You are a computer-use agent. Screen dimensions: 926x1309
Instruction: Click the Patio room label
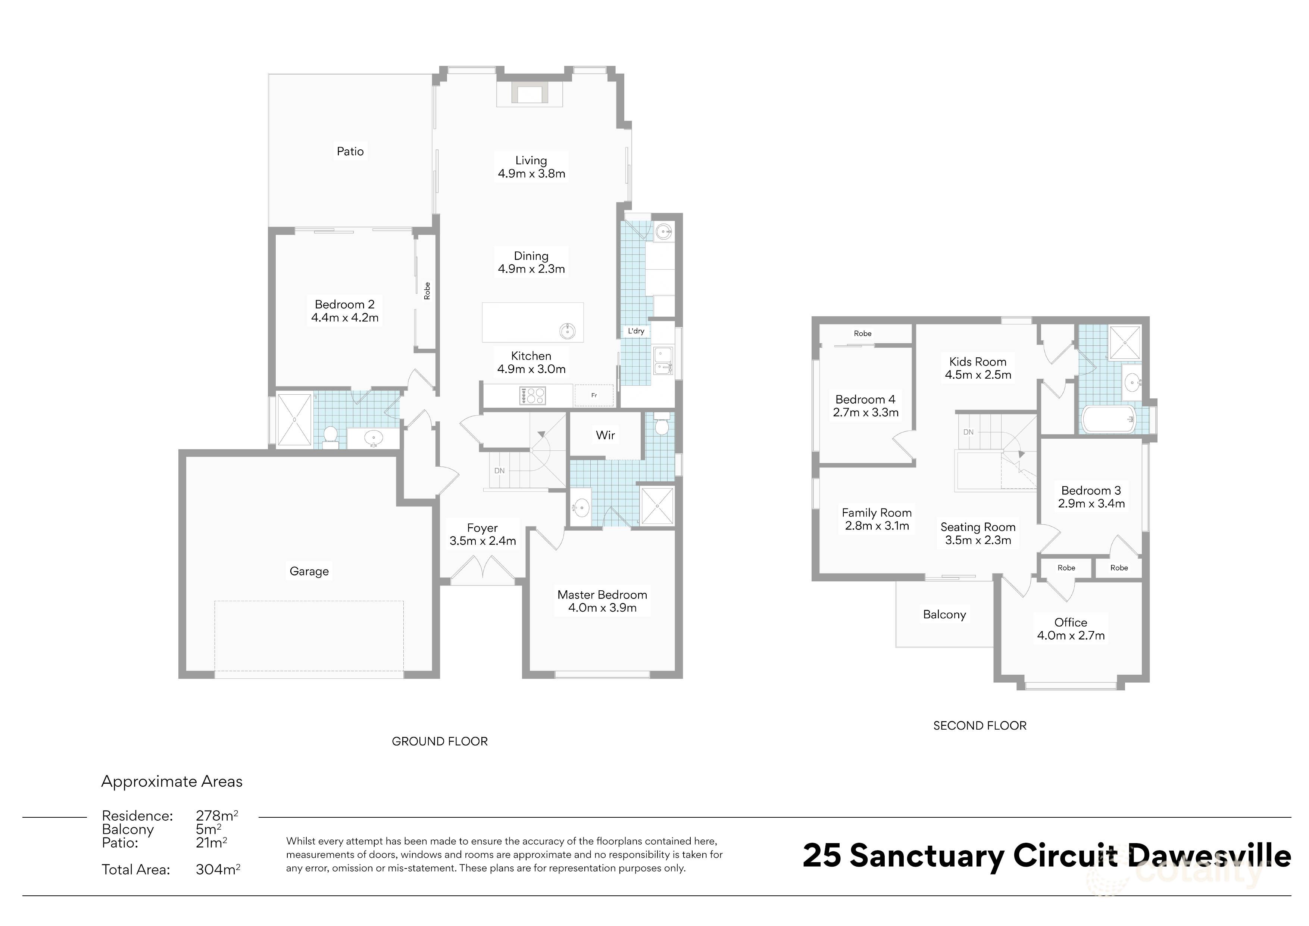[x=350, y=151]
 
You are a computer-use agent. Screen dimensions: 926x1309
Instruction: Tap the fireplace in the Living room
[x=529, y=93]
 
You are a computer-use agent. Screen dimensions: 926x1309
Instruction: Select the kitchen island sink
[x=567, y=330]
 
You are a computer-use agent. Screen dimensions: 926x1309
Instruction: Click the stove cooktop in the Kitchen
[x=532, y=395]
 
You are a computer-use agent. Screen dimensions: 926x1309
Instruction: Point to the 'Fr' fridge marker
[x=594, y=395]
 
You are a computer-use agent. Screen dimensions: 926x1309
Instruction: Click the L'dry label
[x=636, y=331]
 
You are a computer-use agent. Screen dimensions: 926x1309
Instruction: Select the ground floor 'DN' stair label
[x=499, y=471]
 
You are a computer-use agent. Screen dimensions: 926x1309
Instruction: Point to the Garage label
[x=309, y=571]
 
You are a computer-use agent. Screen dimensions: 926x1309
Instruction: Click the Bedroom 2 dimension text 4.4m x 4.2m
[x=345, y=318]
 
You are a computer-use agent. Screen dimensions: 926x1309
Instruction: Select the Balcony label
[x=944, y=615]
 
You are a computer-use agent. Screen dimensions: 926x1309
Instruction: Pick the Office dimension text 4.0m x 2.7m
[x=1071, y=636]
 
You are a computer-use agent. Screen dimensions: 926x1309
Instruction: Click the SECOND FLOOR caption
[x=980, y=726]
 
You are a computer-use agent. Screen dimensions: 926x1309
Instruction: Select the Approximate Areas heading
[x=172, y=781]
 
